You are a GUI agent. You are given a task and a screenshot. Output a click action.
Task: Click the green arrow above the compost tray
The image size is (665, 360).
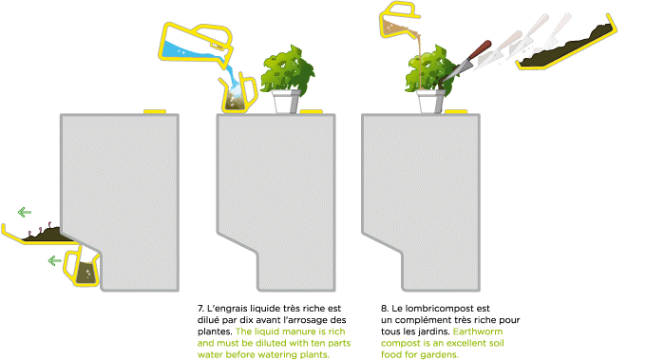click(25, 212)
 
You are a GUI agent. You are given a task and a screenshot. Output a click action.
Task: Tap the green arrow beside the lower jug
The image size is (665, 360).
click(55, 260)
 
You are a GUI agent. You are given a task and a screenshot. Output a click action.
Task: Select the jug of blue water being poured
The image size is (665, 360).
click(197, 46)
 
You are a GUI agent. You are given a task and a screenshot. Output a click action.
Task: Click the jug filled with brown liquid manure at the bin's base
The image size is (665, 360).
click(82, 268)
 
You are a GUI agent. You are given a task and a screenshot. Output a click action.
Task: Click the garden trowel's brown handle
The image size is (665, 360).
click(479, 50)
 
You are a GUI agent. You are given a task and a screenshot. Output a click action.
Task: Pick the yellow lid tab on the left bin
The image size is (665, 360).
click(155, 112)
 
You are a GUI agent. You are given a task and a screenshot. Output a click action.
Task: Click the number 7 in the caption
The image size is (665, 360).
click(200, 309)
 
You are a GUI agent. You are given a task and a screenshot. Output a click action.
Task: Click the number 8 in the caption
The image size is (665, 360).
click(384, 309)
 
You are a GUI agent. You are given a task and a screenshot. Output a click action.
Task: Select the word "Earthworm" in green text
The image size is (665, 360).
click(478, 332)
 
